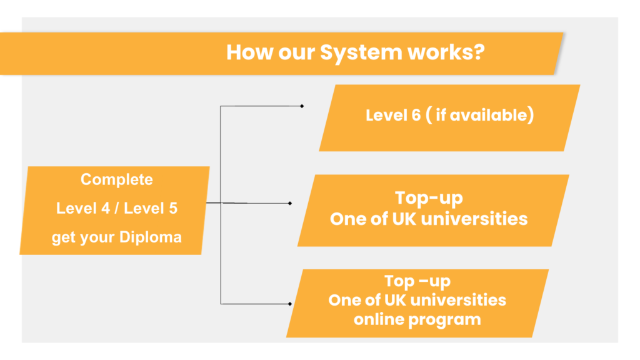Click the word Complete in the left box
pyautogui.click(x=116, y=180)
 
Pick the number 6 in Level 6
pyautogui.click(x=416, y=116)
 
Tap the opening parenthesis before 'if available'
pyautogui.click(x=429, y=116)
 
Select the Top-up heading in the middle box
pyautogui.click(x=428, y=198)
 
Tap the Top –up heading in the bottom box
pyautogui.click(x=417, y=281)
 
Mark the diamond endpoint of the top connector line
pyautogui.click(x=302, y=106)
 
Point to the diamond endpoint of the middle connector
pyautogui.click(x=290, y=203)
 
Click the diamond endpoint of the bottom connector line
pyautogui.click(x=290, y=304)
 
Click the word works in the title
pyautogui.click(x=441, y=52)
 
